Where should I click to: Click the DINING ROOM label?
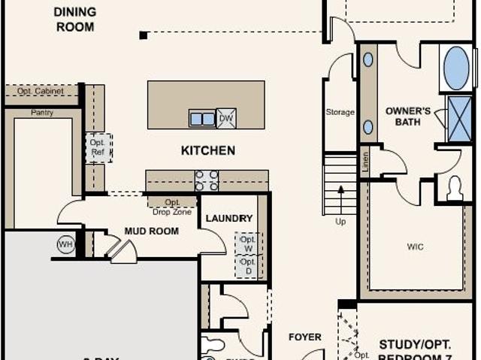coord(74,20)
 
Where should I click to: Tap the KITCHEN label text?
coord(207,150)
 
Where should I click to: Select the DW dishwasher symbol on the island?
coord(226,118)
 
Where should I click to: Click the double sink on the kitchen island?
coord(201,119)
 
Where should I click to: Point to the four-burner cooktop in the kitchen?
coord(207,180)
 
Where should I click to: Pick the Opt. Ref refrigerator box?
coord(98,147)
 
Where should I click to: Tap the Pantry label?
coord(42,113)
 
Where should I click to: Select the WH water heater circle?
coord(66,245)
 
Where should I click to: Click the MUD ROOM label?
coord(151,231)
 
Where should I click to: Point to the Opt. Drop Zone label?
coord(172,207)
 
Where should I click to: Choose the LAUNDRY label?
coord(229,218)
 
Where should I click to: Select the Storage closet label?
coord(340,112)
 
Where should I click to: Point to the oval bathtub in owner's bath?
coord(456,68)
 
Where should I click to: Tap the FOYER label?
coord(304,337)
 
